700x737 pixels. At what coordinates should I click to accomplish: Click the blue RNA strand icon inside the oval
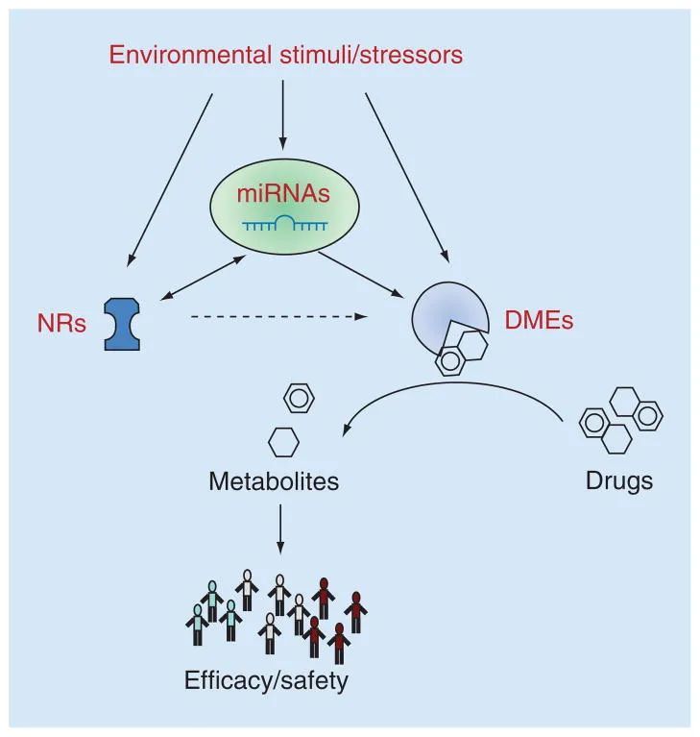[283, 224]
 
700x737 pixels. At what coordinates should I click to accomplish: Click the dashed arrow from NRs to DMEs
[278, 314]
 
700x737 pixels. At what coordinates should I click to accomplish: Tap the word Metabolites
[274, 480]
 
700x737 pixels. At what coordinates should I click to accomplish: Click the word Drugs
[619, 480]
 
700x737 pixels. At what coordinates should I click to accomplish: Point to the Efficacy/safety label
[266, 681]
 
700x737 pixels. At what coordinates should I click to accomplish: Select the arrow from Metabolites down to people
[280, 528]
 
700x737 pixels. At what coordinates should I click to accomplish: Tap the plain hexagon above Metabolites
[283, 442]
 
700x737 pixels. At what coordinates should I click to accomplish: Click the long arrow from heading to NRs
[171, 178]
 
